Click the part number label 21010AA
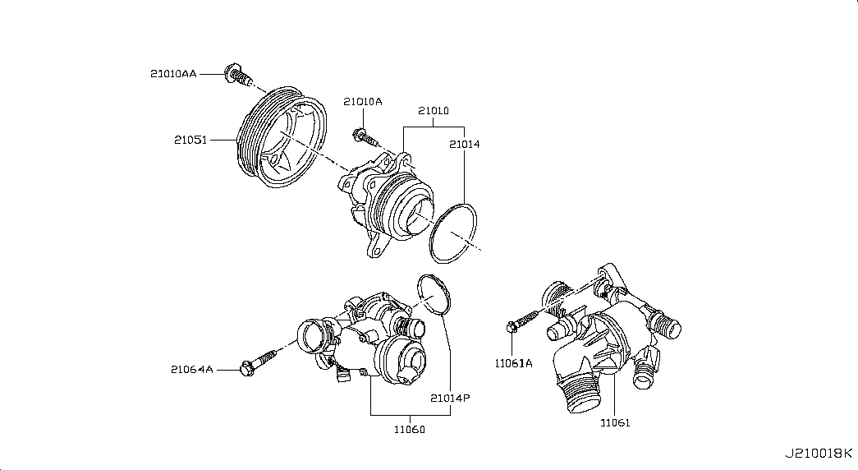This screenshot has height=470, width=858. click(x=172, y=74)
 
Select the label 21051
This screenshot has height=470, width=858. click(x=190, y=140)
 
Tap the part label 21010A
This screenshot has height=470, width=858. click(x=363, y=102)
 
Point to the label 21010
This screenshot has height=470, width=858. click(x=433, y=110)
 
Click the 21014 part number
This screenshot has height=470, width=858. click(x=464, y=145)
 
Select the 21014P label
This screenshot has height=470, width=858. click(x=450, y=398)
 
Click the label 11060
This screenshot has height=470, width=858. click(x=409, y=429)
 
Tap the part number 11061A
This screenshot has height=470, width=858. click(x=513, y=362)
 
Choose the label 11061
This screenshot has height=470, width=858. click(x=615, y=423)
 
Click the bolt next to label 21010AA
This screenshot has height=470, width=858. click(x=236, y=76)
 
